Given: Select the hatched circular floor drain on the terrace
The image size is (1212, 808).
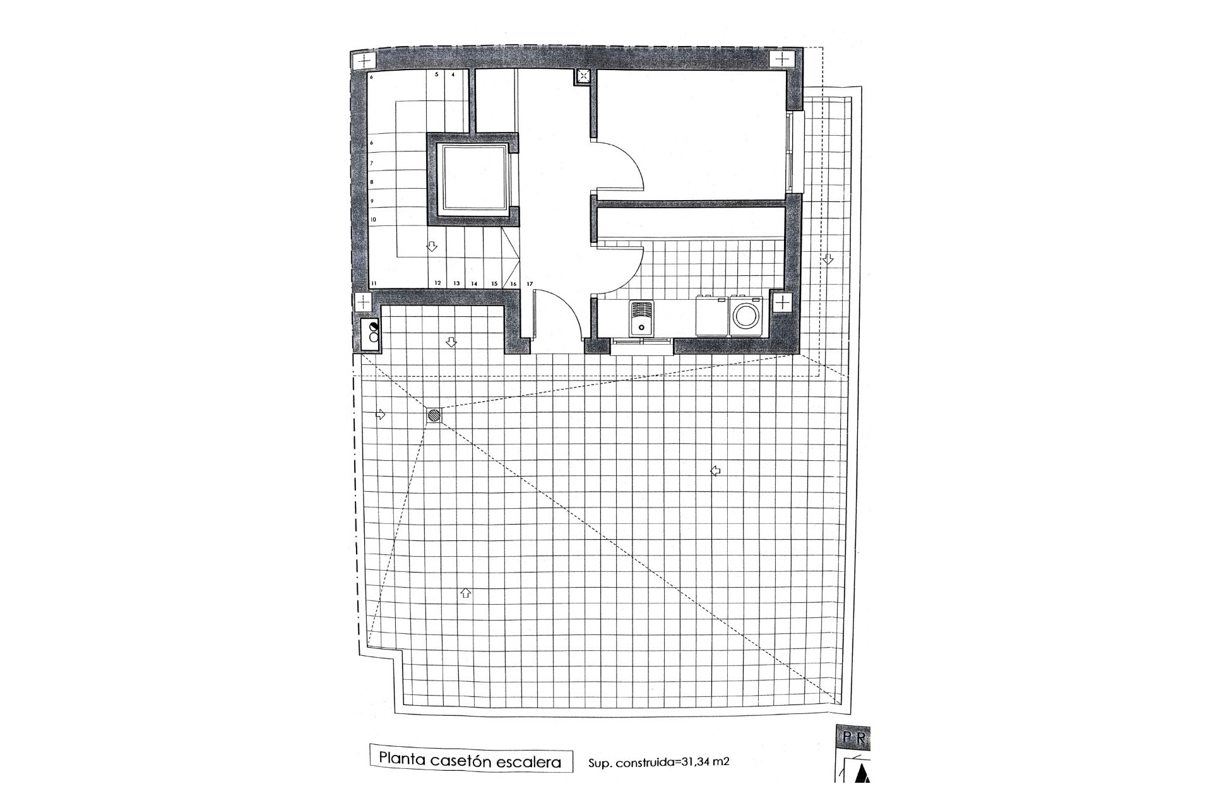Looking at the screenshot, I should click(434, 415).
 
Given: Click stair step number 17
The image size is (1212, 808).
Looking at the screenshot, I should click(530, 284).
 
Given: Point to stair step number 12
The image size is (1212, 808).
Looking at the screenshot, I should click(437, 284).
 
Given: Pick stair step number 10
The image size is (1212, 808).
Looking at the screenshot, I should click(373, 220).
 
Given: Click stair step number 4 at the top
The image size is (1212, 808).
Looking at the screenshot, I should click(453, 74).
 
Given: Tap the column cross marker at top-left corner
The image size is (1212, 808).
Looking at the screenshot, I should click(364, 62).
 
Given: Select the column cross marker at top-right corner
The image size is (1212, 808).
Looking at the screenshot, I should click(782, 60).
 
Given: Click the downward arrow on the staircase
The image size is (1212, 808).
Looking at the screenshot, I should click(432, 247).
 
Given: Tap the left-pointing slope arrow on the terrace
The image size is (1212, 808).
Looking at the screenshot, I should click(715, 470).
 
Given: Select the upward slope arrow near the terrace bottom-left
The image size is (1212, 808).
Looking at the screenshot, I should click(465, 593).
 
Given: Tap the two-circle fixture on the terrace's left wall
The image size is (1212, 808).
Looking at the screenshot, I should click(373, 332).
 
